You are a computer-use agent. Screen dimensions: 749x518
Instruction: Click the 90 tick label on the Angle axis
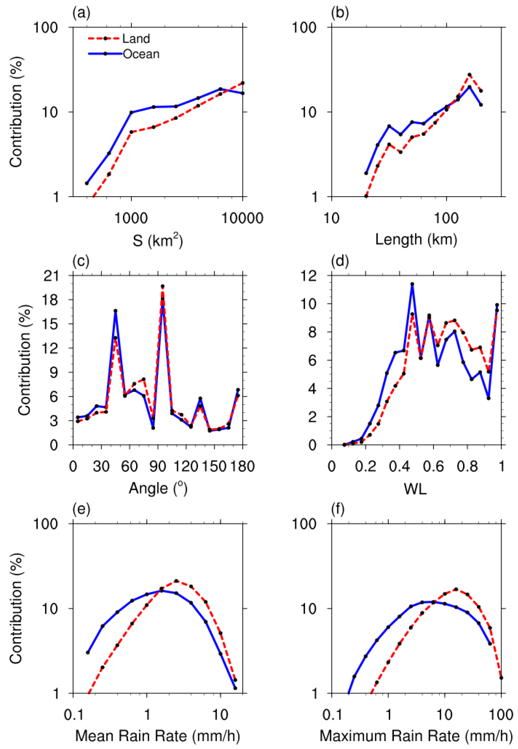158,467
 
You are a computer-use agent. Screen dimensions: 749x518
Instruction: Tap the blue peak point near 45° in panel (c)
115,311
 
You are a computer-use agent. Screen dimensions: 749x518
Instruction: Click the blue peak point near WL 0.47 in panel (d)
412,284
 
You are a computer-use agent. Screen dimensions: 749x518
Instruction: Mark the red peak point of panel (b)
469,75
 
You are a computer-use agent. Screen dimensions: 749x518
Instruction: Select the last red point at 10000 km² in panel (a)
242,83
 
